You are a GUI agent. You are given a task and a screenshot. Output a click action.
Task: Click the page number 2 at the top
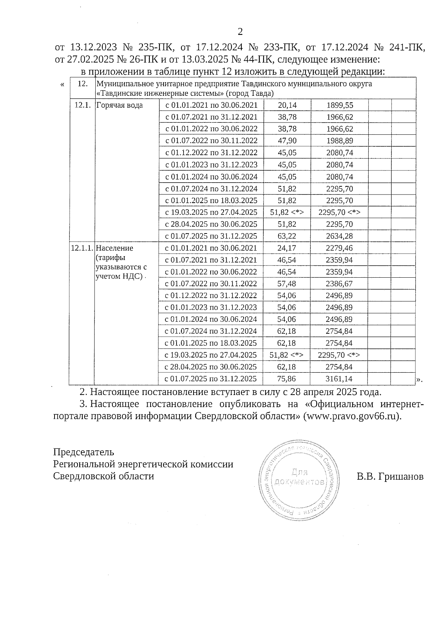[x=240, y=32]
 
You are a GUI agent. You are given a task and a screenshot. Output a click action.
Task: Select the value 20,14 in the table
[x=287, y=105]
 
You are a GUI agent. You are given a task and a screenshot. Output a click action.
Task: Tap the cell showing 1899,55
[x=340, y=105]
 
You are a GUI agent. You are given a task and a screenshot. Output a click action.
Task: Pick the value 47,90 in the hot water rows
[x=287, y=141]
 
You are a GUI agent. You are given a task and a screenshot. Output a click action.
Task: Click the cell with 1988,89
[x=340, y=141]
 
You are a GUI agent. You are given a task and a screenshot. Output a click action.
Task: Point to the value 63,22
[x=287, y=236]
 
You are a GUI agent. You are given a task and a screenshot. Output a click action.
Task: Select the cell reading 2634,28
[x=340, y=236]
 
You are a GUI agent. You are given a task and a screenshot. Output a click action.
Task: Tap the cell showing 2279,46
[x=339, y=248]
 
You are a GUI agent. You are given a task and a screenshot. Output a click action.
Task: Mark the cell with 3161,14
[x=339, y=379]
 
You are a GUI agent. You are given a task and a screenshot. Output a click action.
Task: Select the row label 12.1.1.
[x=82, y=248]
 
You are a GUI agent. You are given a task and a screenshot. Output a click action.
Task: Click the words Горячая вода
[x=119, y=105]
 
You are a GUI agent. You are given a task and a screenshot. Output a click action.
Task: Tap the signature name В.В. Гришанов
[x=390, y=477]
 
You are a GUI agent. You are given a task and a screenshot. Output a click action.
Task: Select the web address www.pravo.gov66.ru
[x=352, y=416]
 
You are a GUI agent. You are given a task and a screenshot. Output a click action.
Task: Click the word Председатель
[x=84, y=452]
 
